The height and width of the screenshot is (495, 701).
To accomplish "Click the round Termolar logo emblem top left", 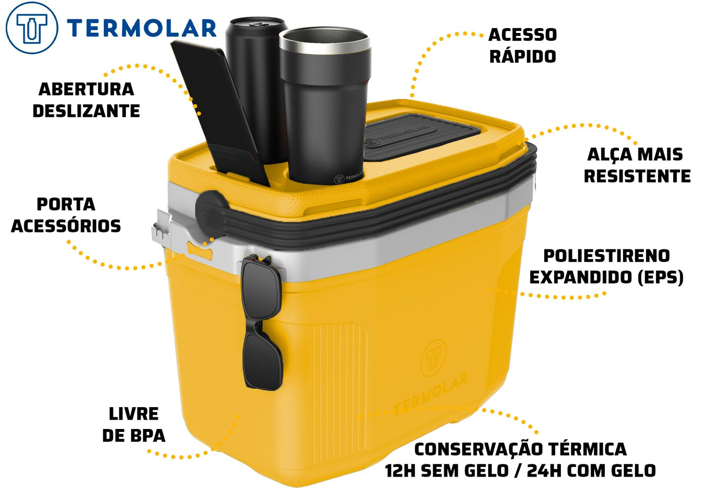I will click(32, 28).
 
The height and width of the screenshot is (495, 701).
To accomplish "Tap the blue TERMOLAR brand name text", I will click(142, 28).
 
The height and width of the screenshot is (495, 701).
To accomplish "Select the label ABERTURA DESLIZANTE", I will click(86, 100).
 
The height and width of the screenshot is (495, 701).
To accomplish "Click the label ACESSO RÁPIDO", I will click(522, 46).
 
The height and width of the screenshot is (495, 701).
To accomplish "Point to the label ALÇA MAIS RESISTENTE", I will click(637, 165).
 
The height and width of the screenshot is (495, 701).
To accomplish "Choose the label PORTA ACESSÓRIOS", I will click(66, 215).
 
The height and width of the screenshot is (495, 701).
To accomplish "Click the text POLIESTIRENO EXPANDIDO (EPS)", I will click(606, 266).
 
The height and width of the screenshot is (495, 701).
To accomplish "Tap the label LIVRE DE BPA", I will click(133, 425).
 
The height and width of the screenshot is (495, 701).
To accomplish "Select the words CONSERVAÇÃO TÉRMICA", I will click(521, 449).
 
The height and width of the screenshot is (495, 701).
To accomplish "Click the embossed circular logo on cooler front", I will click(433, 358).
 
